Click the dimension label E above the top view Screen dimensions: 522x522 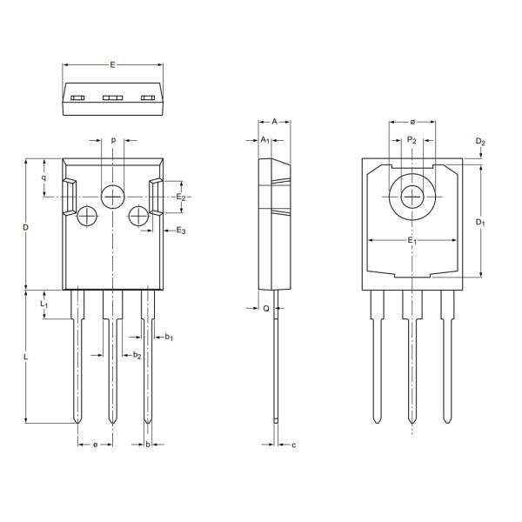113,64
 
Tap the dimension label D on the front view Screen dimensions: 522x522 26,228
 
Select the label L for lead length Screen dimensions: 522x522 26,358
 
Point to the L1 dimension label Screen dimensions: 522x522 45,305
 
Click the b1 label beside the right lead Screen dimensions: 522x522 169,337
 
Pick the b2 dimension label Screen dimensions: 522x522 137,355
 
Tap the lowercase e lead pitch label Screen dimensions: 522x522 95,445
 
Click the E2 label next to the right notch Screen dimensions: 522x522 181,198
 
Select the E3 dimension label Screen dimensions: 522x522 181,231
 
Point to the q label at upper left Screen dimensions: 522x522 43,177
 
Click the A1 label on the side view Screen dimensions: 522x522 265,140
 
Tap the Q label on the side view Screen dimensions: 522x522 265,308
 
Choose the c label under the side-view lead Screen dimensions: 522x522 294,445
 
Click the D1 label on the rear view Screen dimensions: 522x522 480,223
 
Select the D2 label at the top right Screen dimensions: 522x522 480,142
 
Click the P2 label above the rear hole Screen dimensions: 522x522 412,140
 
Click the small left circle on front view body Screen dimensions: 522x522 88,216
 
